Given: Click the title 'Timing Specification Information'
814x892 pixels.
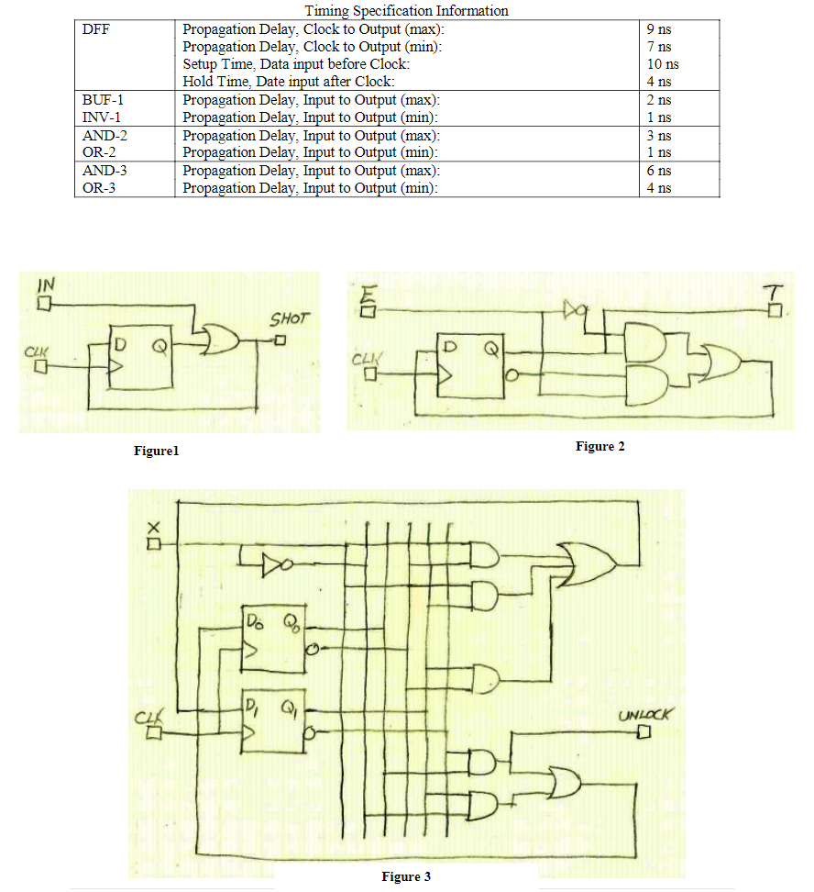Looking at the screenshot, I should pos(406,11).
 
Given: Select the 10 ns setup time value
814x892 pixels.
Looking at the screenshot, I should pos(662,64).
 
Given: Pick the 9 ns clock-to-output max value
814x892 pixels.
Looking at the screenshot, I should pos(658,29).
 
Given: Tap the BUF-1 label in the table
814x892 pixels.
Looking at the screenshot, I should pos(102,99).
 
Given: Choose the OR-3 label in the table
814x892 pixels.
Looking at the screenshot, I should pos(99,187).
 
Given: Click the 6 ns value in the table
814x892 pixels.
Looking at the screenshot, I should pos(658,170).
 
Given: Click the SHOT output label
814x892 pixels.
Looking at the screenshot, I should pos(290,319).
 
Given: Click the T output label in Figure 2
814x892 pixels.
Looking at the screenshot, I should pos(775,293).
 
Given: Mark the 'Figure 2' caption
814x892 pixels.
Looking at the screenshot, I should pos(599,446).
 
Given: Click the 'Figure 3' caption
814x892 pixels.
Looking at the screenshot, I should pos(406,876).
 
